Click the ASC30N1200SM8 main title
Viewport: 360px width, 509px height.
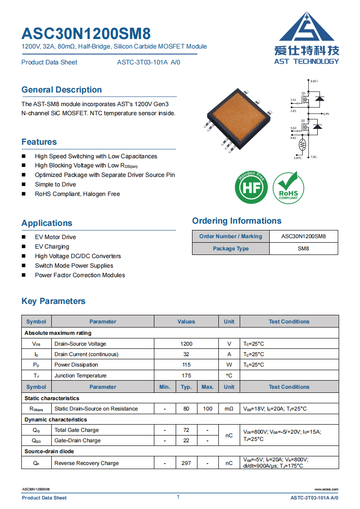click(86, 34)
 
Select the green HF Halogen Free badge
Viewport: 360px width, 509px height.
click(251, 187)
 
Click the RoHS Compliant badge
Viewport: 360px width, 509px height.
click(288, 187)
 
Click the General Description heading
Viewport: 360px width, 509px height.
click(62, 90)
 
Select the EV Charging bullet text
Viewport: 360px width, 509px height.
click(52, 247)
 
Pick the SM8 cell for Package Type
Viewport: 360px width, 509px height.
click(303, 249)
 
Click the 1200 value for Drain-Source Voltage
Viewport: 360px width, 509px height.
click(186, 344)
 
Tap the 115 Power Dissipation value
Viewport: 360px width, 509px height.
click(186, 365)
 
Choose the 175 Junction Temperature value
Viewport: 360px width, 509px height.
click(186, 376)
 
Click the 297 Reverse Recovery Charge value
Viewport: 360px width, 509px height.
click(186, 463)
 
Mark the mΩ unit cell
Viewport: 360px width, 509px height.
click(229, 409)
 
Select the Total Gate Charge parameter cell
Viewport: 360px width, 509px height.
click(77, 430)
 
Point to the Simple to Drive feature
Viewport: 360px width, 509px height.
click(55, 185)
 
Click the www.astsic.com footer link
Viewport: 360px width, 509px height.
click(326, 489)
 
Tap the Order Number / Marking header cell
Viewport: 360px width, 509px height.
click(231, 236)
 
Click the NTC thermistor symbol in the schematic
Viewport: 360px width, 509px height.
click(302, 145)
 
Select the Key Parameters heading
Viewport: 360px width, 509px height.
click(54, 301)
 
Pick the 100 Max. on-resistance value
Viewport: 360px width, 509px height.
click(207, 409)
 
